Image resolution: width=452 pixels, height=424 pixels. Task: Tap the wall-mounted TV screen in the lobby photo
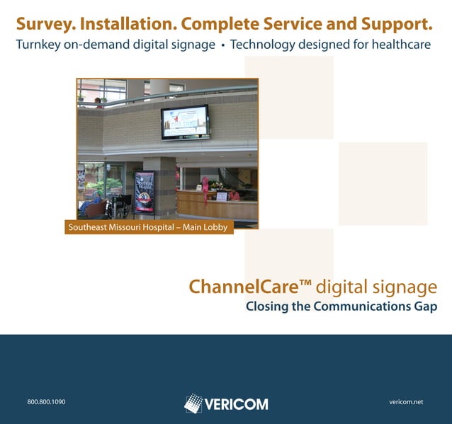pos(185,121)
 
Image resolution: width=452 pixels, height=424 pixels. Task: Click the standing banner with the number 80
pos(145,193)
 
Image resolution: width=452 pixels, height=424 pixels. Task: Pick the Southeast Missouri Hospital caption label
pos(149,228)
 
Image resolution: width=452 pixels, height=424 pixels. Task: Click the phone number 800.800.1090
pos(46,402)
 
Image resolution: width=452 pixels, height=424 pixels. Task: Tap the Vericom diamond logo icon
pos(193,403)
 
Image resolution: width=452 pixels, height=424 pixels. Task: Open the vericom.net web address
pos(406,402)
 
